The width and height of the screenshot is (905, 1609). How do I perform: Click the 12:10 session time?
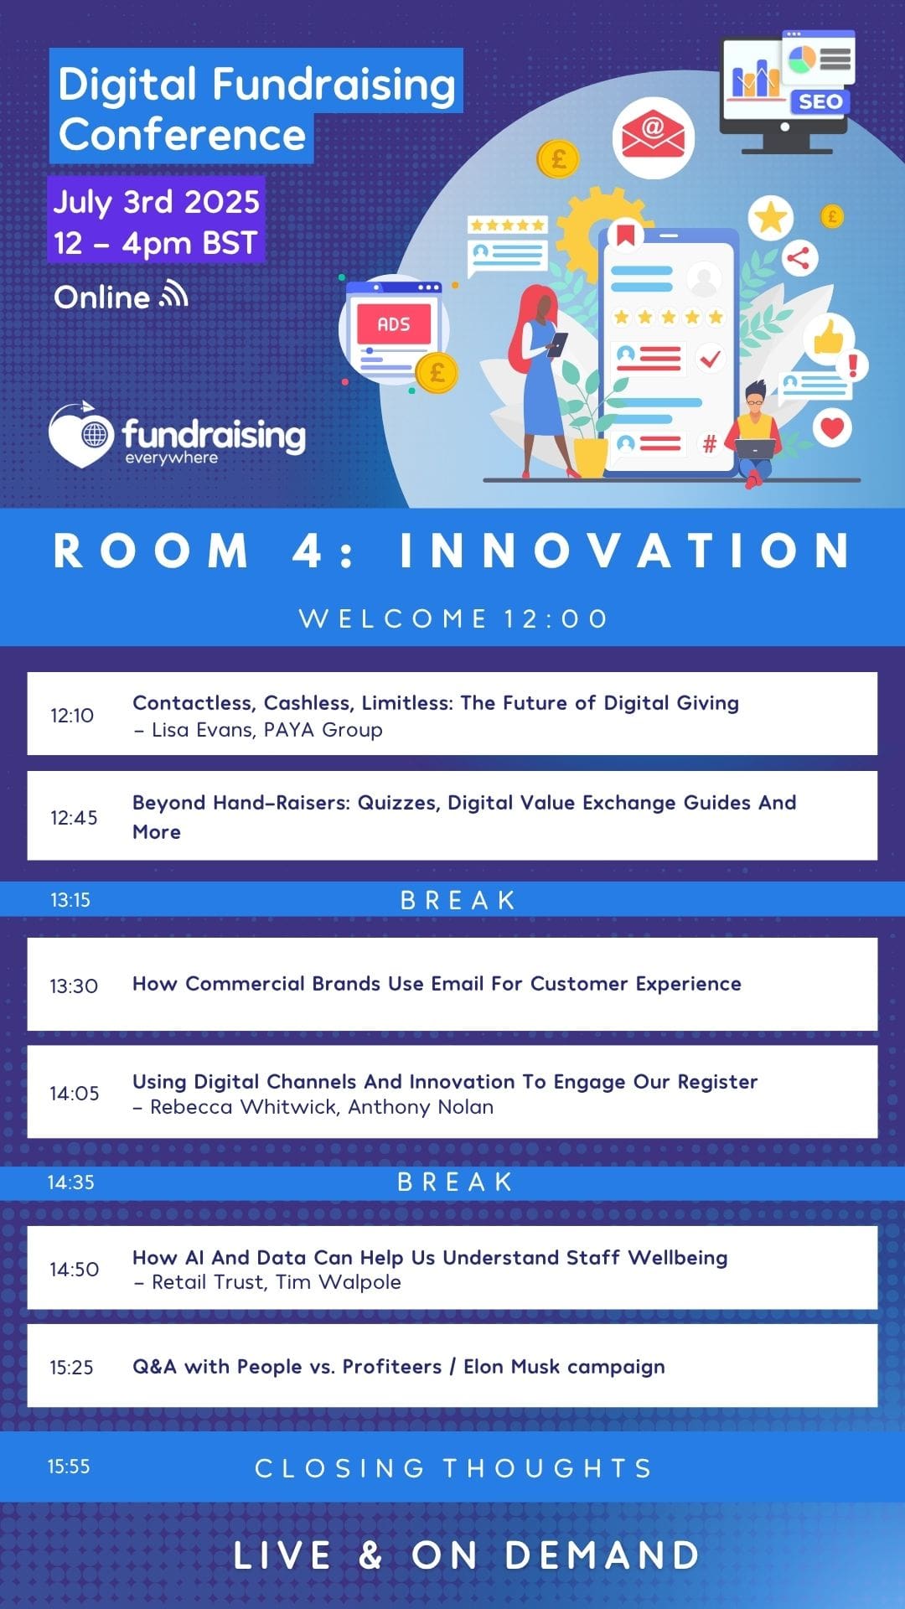pyautogui.click(x=72, y=716)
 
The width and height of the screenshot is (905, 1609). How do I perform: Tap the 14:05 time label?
pyautogui.click(x=74, y=1094)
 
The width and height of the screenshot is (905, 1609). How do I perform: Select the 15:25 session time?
pyautogui.click(x=71, y=1368)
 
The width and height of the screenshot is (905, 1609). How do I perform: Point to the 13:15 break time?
pyautogui.click(x=70, y=900)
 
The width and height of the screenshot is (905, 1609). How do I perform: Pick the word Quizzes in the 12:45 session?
pyautogui.click(x=398, y=803)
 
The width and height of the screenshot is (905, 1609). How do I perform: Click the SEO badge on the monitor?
pyautogui.click(x=820, y=102)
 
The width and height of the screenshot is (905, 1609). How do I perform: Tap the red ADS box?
pyautogui.click(x=394, y=324)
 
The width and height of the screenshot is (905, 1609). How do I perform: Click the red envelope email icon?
pyautogui.click(x=653, y=137)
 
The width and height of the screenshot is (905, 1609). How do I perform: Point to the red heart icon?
pyautogui.click(x=832, y=428)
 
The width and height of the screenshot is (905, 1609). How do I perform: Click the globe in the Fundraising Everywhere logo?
pyautogui.click(x=96, y=435)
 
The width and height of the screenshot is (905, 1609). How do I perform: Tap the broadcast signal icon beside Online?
pyautogui.click(x=174, y=294)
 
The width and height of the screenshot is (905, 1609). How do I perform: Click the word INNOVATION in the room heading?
pyautogui.click(x=625, y=551)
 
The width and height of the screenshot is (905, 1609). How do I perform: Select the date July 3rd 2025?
pyautogui.click(x=157, y=202)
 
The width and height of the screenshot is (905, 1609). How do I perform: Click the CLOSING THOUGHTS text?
pyautogui.click(x=453, y=1468)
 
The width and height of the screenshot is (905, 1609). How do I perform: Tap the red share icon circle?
pyautogui.click(x=799, y=258)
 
